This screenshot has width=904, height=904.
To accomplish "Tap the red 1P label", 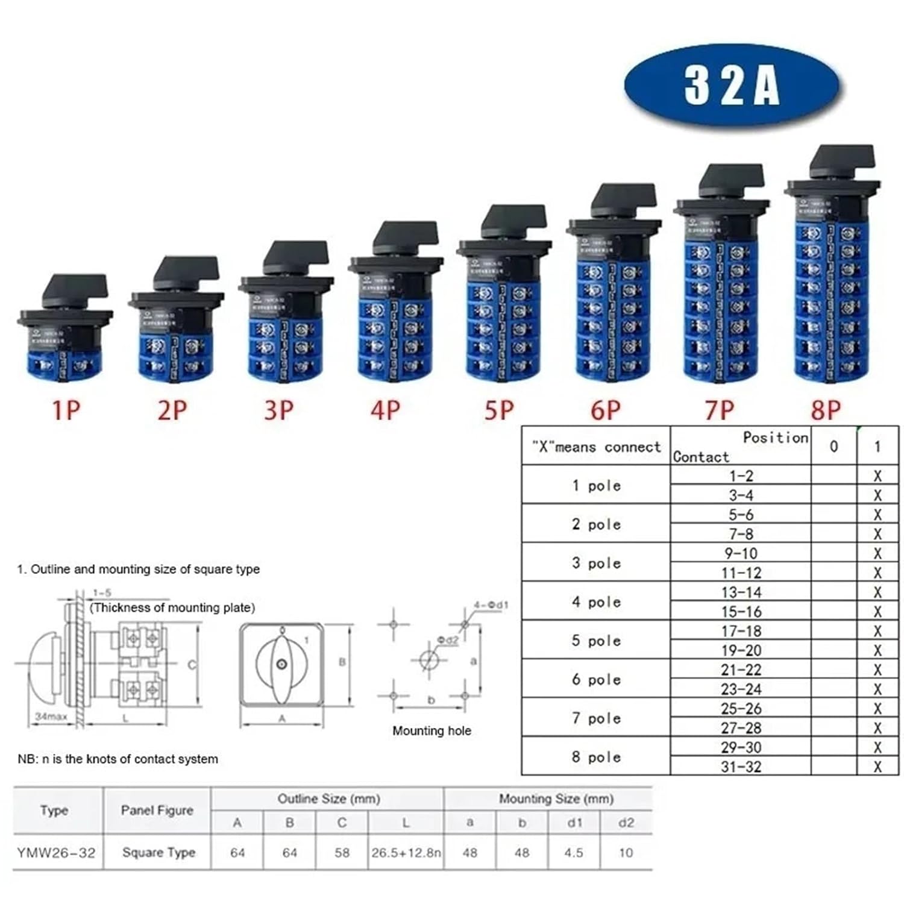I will point(66,410).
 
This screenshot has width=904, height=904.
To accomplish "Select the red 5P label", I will point(500,410).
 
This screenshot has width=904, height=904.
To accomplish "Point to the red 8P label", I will point(825,410).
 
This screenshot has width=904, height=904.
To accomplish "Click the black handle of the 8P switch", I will point(843,158).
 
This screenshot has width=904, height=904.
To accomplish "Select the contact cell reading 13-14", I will point(741,592).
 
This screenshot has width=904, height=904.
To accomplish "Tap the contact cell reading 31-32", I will point(741,767).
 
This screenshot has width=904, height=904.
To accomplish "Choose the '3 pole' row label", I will point(596,563).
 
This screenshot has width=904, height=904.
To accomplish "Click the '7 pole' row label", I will point(596,718).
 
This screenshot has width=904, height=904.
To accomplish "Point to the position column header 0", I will point(833,446).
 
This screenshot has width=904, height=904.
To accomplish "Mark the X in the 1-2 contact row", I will point(877,476).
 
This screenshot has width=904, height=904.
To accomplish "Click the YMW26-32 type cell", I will point(56,853).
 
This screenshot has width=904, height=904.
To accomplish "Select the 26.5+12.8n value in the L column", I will point(406,853).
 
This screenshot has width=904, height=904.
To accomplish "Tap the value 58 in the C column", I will point(342,853).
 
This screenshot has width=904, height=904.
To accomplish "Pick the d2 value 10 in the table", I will point(626,853).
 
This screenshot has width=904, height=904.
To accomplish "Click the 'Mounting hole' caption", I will point(432,731).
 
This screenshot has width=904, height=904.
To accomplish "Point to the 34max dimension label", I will point(50,717).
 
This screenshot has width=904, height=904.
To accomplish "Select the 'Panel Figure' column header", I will point(157,810).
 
